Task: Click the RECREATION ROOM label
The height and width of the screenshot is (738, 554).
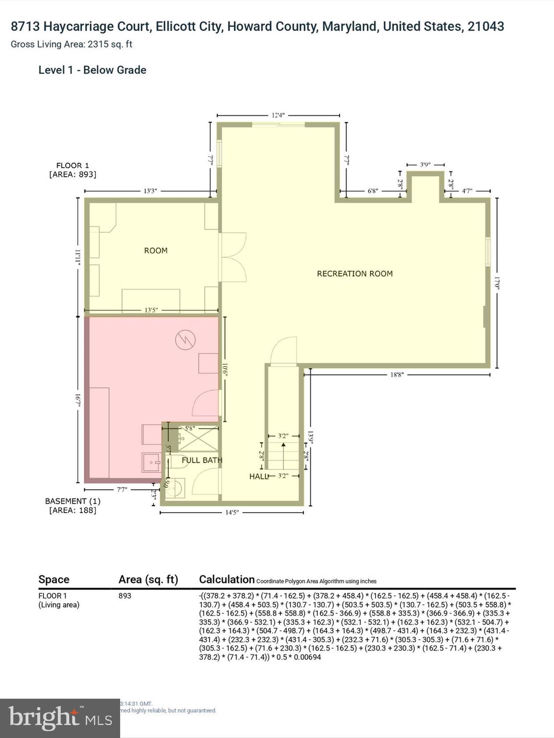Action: point(354,273)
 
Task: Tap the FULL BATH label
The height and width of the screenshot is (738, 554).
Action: point(201,460)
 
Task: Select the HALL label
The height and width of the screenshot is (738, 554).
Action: point(258,476)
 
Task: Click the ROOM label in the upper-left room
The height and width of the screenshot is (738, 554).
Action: point(156,250)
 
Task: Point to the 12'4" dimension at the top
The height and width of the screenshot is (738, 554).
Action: point(278,115)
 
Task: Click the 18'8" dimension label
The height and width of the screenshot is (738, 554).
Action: point(397,374)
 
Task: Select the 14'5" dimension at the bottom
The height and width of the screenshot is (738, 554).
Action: point(232,512)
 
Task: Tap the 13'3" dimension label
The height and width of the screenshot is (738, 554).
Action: point(151,191)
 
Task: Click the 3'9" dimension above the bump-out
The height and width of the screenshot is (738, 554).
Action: point(425,164)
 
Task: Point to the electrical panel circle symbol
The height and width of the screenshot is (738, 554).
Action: point(185,340)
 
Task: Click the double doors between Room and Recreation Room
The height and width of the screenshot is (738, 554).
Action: point(233,258)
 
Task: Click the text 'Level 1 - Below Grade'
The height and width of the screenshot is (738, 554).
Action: point(92,70)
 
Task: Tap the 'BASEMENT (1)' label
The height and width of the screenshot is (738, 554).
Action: point(73,501)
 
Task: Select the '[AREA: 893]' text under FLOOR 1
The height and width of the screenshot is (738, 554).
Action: point(73,174)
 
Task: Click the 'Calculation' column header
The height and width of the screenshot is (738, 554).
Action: point(227,579)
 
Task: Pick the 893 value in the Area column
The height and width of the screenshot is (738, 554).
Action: point(125,596)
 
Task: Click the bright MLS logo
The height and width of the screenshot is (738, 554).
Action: point(60,718)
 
